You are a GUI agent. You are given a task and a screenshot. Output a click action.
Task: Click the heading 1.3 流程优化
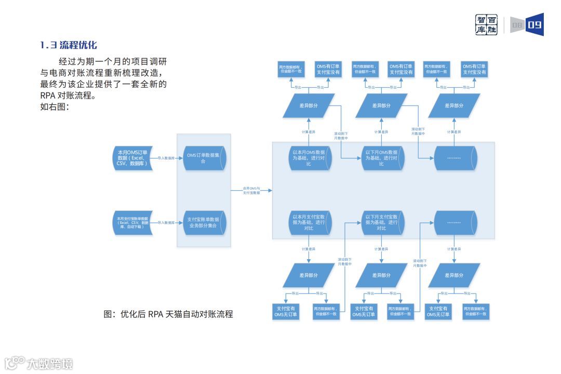click(x=69, y=46)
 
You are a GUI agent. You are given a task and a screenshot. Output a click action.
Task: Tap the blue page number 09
click(x=535, y=25)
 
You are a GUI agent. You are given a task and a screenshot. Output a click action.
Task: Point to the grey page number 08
click(x=517, y=25)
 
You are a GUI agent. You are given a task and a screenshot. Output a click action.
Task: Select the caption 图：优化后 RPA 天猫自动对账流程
click(x=168, y=314)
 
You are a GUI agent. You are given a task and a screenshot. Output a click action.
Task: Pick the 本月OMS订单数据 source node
click(x=132, y=157)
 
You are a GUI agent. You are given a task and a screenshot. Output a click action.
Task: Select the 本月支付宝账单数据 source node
click(x=132, y=222)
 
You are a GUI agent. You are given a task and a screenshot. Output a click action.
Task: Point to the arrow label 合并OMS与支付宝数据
click(x=251, y=191)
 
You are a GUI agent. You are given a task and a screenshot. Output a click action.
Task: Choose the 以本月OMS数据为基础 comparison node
click(x=309, y=158)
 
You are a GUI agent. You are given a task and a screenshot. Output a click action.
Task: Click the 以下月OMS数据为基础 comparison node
click(x=382, y=158)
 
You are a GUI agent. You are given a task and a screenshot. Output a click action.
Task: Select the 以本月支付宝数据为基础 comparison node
click(x=309, y=222)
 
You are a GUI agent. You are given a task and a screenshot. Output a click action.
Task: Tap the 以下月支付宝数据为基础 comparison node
click(x=382, y=222)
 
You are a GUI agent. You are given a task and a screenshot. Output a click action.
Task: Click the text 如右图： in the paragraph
click(x=55, y=108)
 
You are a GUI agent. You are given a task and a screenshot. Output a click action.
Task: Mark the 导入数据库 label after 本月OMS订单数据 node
click(x=166, y=157)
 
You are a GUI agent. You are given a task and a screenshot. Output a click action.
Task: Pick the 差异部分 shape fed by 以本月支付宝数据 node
click(x=309, y=275)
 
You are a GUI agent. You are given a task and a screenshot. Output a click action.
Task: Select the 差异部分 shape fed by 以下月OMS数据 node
click(x=382, y=105)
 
